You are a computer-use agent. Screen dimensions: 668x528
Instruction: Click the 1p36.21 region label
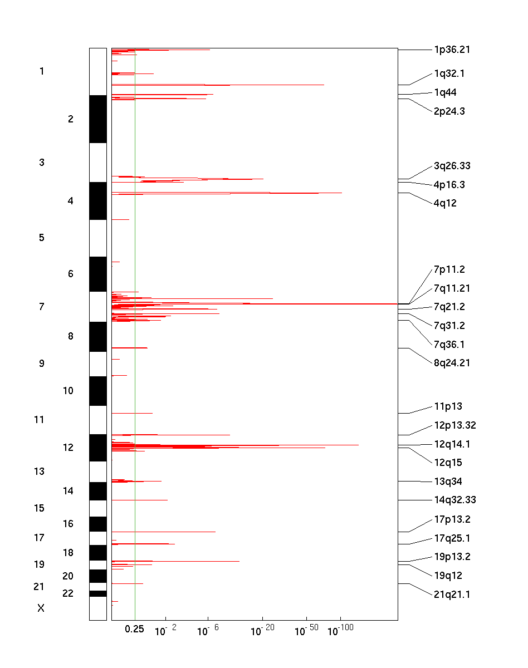tap(452, 50)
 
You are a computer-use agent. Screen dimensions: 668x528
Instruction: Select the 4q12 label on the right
tap(445, 203)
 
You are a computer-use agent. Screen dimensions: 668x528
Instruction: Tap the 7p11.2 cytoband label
tap(449, 269)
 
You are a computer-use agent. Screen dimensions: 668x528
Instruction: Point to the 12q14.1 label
tap(452, 444)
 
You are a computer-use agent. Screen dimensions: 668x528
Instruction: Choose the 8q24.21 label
tap(452, 363)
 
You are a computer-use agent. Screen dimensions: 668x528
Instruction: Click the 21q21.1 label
tap(452, 595)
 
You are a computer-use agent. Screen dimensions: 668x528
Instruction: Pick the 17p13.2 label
tap(452, 520)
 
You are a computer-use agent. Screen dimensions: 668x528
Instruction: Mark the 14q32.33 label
tap(454, 500)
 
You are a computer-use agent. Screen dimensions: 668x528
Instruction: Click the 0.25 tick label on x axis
tap(134, 629)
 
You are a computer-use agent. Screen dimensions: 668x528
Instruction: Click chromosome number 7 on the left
tap(41, 307)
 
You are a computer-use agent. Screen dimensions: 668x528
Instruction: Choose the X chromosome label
tap(41, 608)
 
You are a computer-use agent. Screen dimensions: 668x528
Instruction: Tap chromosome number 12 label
tap(68, 448)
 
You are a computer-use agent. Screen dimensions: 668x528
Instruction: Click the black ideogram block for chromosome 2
tap(97, 119)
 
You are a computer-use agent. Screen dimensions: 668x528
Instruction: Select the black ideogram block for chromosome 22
tap(97, 593)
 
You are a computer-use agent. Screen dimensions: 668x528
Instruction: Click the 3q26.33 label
tap(452, 166)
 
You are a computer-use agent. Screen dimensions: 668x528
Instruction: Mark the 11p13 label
tap(448, 407)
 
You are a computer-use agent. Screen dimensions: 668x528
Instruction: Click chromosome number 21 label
tap(38, 587)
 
